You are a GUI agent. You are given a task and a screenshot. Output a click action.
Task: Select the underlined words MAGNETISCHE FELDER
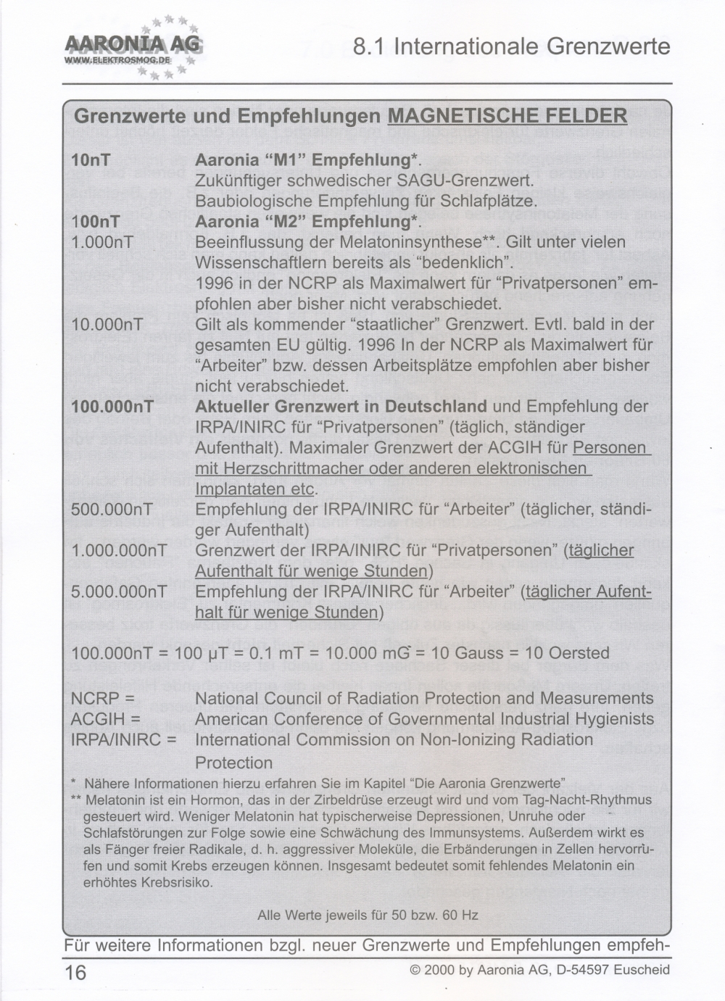pos(507,116)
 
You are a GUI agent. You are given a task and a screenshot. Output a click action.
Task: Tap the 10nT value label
pos(91,159)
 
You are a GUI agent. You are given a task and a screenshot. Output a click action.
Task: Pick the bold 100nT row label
pos(96,221)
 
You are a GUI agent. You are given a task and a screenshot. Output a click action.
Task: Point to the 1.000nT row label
pos(102,241)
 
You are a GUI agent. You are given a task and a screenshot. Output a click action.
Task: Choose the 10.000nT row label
pos(107,324)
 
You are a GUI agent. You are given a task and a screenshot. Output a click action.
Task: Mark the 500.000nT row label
pos(112,509)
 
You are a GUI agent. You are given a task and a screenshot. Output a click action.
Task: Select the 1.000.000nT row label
pos(119,550)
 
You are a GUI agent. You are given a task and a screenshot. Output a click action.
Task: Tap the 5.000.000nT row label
pos(119,591)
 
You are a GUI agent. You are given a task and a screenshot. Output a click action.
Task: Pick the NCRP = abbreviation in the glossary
pos(103,698)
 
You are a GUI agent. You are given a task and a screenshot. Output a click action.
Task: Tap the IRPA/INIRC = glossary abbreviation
pos(124,740)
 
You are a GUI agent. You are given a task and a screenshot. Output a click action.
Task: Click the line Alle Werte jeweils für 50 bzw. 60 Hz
pos(368,915)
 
